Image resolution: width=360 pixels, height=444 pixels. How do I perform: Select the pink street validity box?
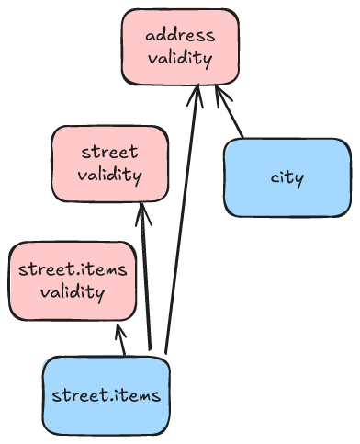tap(110, 164)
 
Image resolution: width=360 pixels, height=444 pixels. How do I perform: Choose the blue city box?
tap(287, 176)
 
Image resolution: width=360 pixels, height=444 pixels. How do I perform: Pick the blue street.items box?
tap(107, 395)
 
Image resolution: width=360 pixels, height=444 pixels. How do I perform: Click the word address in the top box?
tap(180, 36)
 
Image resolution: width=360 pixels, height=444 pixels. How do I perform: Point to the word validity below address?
tap(180, 59)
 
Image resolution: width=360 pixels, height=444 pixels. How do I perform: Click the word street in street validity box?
tap(109, 153)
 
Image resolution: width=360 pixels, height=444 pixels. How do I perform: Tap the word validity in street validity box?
tap(109, 175)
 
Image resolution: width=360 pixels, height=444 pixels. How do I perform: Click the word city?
tap(287, 176)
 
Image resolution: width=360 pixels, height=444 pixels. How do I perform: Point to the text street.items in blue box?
tap(107, 396)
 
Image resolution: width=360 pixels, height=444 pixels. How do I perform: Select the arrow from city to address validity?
tap(230, 115)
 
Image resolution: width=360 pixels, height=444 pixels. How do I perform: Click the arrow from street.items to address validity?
tap(181, 221)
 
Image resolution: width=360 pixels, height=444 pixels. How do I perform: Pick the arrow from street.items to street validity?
tap(145, 276)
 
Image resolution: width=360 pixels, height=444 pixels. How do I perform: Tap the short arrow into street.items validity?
tap(120, 339)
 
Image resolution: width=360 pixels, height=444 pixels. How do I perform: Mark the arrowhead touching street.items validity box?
tap(118, 327)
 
